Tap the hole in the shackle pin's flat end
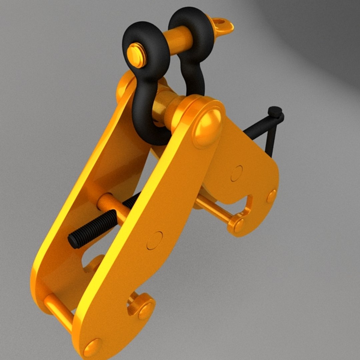pos(219,22)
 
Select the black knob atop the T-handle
pos(275,112)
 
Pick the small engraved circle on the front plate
pos(155,240)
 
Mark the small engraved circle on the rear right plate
pos(237,173)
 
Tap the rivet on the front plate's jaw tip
pos(146,311)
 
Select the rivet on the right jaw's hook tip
pos(239,226)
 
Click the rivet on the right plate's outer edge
pos(272,196)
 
